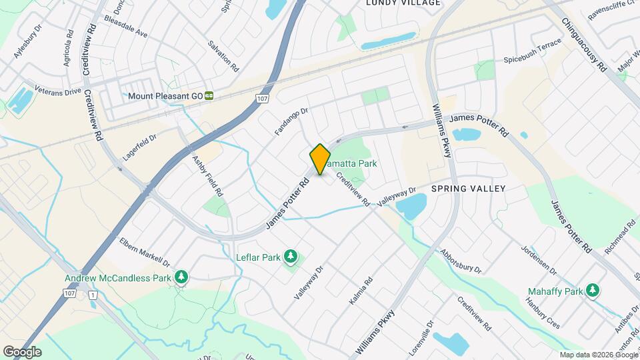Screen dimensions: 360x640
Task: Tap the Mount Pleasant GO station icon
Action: (209, 96)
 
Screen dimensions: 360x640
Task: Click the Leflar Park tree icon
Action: (290, 255)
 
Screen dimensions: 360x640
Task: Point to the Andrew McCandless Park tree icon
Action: (180, 277)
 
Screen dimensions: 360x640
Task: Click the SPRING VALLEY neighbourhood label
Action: (468, 189)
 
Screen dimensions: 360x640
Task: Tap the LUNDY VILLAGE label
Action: (403, 3)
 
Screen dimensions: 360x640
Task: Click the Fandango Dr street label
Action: (293, 123)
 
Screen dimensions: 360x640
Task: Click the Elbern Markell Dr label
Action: (145, 252)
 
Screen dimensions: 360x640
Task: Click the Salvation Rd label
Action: (223, 55)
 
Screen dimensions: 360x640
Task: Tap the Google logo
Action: (23, 352)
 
